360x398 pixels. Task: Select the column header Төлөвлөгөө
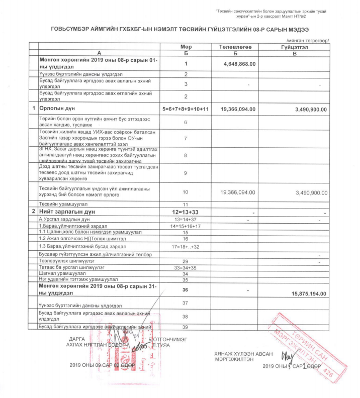click(x=232, y=47)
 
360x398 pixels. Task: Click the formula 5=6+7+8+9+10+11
click(x=186, y=109)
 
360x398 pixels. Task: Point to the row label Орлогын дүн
click(x=58, y=109)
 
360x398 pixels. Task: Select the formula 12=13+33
click(x=186, y=213)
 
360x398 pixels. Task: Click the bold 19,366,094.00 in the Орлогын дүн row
click(x=238, y=109)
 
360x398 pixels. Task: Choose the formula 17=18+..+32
click(x=186, y=247)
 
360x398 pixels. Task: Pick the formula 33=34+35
click(x=186, y=268)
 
